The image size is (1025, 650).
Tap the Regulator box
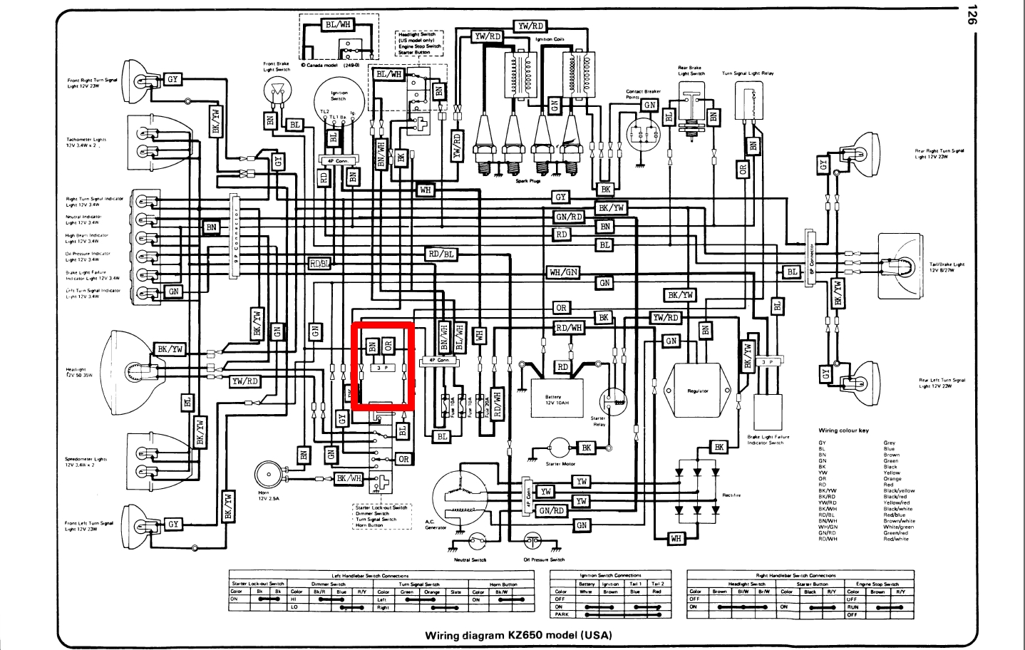698,391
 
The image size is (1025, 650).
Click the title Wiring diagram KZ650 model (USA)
518,635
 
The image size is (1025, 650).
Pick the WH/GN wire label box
563,272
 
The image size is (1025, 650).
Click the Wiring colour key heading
843,430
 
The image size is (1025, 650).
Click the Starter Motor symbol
558,448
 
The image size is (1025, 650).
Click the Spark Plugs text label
528,181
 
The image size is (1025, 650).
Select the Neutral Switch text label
470,559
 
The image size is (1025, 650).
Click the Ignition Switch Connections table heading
610,575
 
